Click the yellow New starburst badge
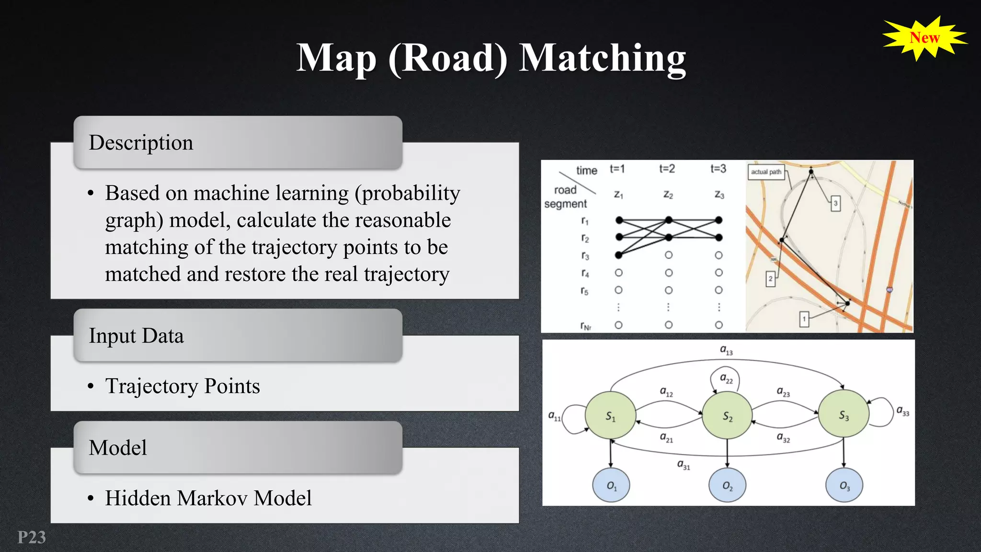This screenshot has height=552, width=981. coord(924,38)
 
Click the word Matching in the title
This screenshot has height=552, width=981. coord(602,58)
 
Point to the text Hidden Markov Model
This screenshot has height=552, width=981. coord(208,498)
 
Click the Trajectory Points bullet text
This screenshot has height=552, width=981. coord(183,386)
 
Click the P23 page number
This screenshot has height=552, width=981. coord(32,537)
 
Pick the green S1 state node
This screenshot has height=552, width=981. coord(610,415)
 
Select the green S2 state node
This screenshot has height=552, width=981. coord(727,415)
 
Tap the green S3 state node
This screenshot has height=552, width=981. coord(844,415)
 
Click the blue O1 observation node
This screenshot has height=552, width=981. coord(611,485)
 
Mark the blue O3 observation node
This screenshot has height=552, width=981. coord(844,485)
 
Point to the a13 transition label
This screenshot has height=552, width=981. coord(726,350)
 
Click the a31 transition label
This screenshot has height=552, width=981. coord(684,464)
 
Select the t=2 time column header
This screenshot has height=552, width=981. coord(667,169)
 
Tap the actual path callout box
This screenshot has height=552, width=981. coord(766,172)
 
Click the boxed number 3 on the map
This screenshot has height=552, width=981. coord(835,203)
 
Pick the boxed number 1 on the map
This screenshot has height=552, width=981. coord(804,319)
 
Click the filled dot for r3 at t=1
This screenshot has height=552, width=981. coord(619,255)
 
